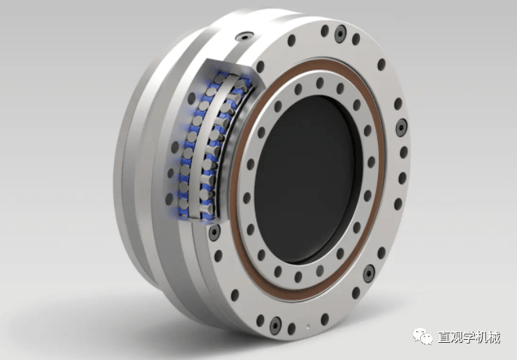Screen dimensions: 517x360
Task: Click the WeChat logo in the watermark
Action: point(423,337)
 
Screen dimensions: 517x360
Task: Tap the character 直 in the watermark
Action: point(445,337)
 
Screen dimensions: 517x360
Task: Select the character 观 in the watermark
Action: point(458,337)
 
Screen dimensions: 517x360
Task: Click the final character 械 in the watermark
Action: point(495,337)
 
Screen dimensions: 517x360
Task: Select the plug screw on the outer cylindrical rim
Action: point(244,36)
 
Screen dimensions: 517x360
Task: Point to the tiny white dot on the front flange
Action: point(308,327)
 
